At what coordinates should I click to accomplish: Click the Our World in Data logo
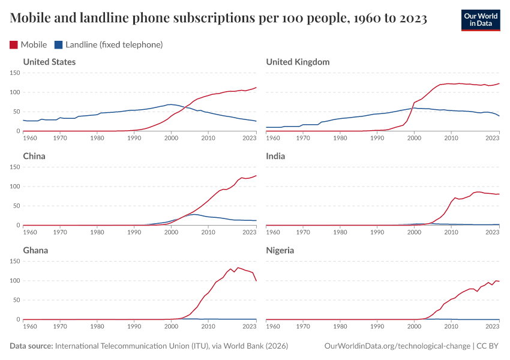point(480,20)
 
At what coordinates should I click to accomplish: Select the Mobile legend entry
point(29,44)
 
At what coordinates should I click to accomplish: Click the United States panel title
point(49,62)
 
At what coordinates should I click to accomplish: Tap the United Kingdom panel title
point(298,62)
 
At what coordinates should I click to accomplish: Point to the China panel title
point(34,156)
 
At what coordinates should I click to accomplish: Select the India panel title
point(275,156)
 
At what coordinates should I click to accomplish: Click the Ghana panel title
point(35,250)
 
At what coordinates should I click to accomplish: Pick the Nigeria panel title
point(280,250)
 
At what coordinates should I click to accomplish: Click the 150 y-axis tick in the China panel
point(15,167)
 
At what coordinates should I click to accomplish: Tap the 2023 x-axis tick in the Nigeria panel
point(492,327)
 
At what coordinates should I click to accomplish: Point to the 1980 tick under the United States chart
point(97,139)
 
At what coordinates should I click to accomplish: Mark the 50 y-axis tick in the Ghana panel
point(17,300)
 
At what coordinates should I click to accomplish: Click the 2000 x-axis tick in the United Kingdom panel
point(414,139)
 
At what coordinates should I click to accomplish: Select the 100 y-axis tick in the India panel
point(258,187)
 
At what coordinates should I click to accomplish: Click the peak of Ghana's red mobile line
point(238,268)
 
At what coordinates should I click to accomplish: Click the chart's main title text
point(218,19)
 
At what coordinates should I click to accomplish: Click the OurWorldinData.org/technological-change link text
point(397,346)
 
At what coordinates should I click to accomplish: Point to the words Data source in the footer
point(31,346)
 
